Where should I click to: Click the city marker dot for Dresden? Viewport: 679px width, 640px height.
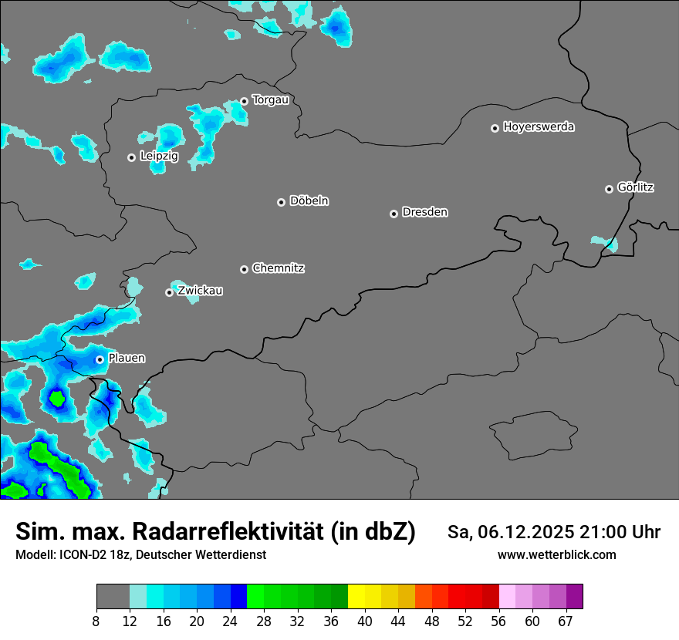click(394, 214)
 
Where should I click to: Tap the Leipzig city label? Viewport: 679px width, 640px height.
click(159, 157)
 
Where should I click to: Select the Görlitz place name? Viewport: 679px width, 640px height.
click(636, 187)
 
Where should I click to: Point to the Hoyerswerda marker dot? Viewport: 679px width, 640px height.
click(495, 128)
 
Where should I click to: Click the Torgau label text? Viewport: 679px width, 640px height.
click(270, 100)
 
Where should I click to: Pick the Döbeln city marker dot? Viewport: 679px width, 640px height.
click(281, 202)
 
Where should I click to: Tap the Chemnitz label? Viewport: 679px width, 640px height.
click(278, 268)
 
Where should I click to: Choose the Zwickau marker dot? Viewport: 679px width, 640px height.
click(169, 292)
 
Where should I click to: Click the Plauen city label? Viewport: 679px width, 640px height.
click(127, 359)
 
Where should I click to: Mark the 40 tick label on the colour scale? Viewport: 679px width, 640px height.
click(365, 621)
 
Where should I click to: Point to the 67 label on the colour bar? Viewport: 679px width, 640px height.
click(566, 621)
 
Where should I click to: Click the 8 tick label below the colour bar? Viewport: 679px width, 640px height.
click(96, 621)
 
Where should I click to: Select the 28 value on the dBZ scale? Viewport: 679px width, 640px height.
click(264, 621)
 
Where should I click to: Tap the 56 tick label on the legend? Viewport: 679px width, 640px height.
click(498, 621)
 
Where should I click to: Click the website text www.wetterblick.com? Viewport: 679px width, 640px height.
click(556, 555)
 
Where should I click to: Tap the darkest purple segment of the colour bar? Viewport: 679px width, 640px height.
click(574, 597)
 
